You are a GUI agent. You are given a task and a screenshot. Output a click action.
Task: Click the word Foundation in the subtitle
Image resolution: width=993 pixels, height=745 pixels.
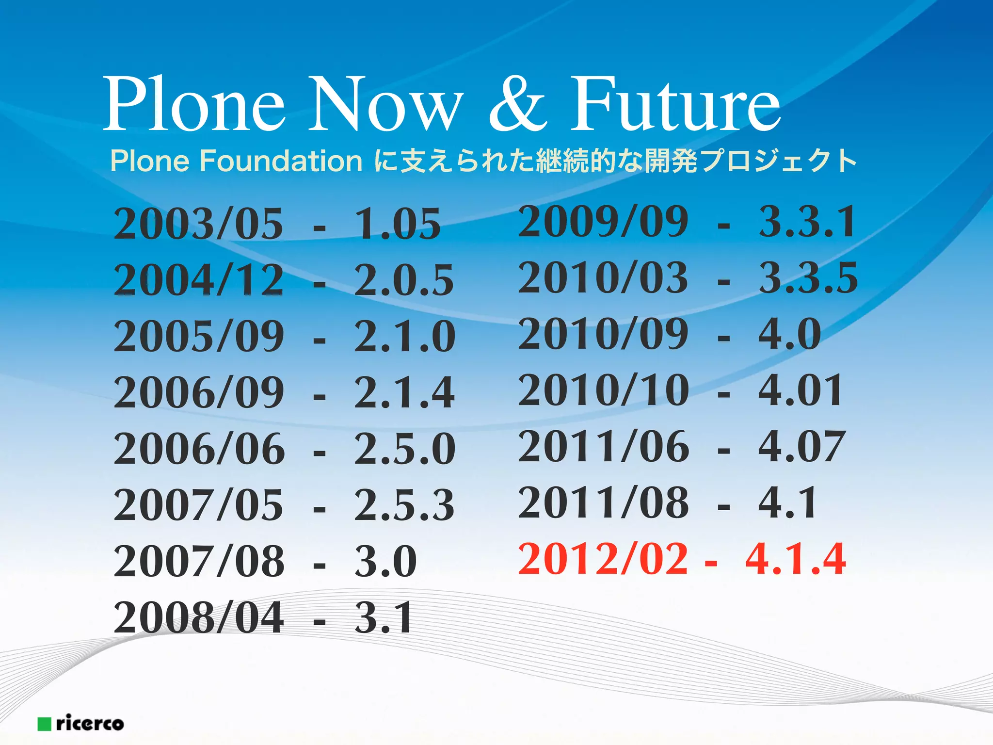coord(281,161)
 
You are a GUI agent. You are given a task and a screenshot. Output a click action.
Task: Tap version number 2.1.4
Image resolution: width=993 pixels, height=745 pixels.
coord(404,392)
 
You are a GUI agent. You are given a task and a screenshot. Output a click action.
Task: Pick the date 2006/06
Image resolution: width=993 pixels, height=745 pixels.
coord(199,448)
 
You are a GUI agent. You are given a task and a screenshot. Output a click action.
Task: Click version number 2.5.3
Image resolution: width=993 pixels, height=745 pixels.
coord(404,504)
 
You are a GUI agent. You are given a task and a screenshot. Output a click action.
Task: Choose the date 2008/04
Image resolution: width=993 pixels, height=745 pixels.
coord(198,617)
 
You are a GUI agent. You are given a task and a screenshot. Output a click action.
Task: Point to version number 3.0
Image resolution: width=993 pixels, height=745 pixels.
coord(385,561)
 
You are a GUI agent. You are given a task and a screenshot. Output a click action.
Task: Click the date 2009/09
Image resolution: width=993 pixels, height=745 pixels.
coord(603,221)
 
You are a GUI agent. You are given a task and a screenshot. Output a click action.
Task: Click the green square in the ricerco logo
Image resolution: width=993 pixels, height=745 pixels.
coord(45,724)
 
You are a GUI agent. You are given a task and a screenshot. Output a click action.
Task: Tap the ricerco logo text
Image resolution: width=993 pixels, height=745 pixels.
coord(90,723)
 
